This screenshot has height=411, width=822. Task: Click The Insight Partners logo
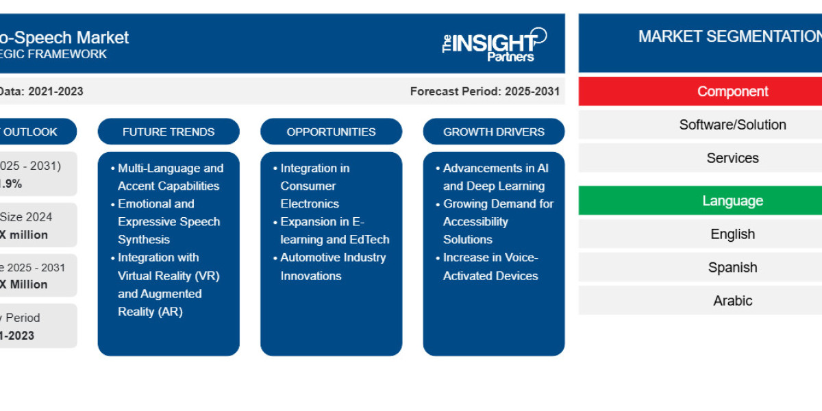coord(495,45)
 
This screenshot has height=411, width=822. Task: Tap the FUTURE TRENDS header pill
coord(169,132)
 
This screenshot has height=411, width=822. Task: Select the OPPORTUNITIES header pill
coord(331,132)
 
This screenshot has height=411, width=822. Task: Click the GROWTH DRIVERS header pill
coord(493,132)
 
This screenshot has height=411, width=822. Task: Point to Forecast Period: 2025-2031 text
coord(484,91)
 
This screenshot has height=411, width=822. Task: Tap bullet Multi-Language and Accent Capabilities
coord(169,177)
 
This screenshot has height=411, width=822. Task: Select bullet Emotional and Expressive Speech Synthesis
coord(169,221)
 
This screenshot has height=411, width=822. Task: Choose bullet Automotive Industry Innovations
coord(332,266)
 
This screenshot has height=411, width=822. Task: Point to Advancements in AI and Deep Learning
coord(495,177)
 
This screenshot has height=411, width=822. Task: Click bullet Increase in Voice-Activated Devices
coord(490,266)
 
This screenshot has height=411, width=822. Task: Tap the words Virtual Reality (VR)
coord(169,275)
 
